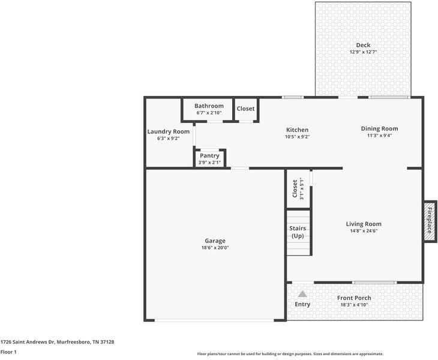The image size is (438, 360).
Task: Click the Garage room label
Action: point(215,241)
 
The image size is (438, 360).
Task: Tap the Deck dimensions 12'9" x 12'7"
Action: point(363,52)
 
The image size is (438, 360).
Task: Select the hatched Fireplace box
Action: point(430,221)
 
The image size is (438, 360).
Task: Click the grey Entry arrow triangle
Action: point(302,294)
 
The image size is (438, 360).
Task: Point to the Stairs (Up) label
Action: point(298,232)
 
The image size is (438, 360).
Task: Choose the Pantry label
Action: point(209,155)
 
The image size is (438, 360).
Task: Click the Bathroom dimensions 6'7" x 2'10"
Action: point(209,113)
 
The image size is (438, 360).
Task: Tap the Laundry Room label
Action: point(168,131)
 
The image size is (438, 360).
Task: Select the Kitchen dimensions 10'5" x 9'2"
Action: point(297,137)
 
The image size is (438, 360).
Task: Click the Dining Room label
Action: point(379,128)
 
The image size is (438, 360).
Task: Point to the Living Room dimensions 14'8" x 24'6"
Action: point(364,231)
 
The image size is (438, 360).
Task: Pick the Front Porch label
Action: point(354,298)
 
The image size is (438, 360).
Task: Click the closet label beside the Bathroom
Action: point(245,109)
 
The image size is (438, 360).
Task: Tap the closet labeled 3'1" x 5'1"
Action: point(298,189)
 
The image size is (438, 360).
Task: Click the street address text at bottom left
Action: point(57,342)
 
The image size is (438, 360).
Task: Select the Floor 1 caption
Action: point(8,352)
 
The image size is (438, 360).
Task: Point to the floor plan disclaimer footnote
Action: point(290,354)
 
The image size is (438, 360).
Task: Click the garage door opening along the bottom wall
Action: point(214,320)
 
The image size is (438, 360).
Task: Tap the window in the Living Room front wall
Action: point(374,283)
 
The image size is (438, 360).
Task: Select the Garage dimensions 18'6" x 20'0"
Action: point(215,248)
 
